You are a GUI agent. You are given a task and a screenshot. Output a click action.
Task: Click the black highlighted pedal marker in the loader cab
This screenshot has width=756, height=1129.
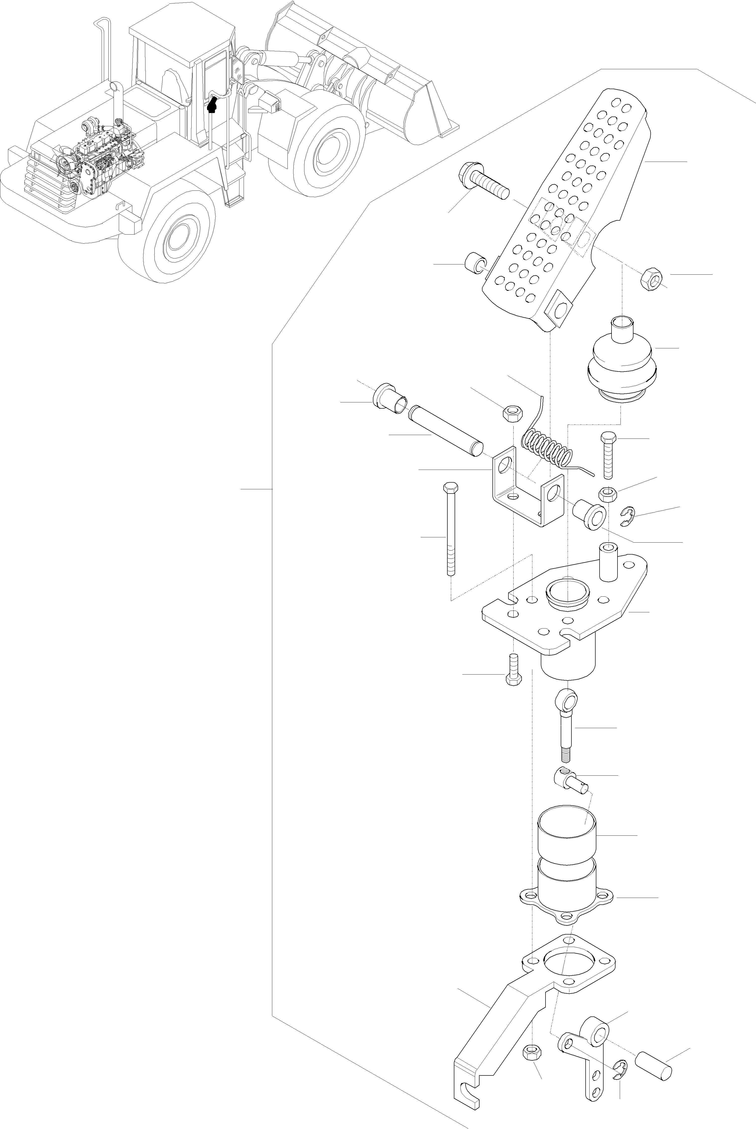tap(212, 104)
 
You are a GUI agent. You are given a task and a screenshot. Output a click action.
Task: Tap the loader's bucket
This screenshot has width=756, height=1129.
tap(366, 72)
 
